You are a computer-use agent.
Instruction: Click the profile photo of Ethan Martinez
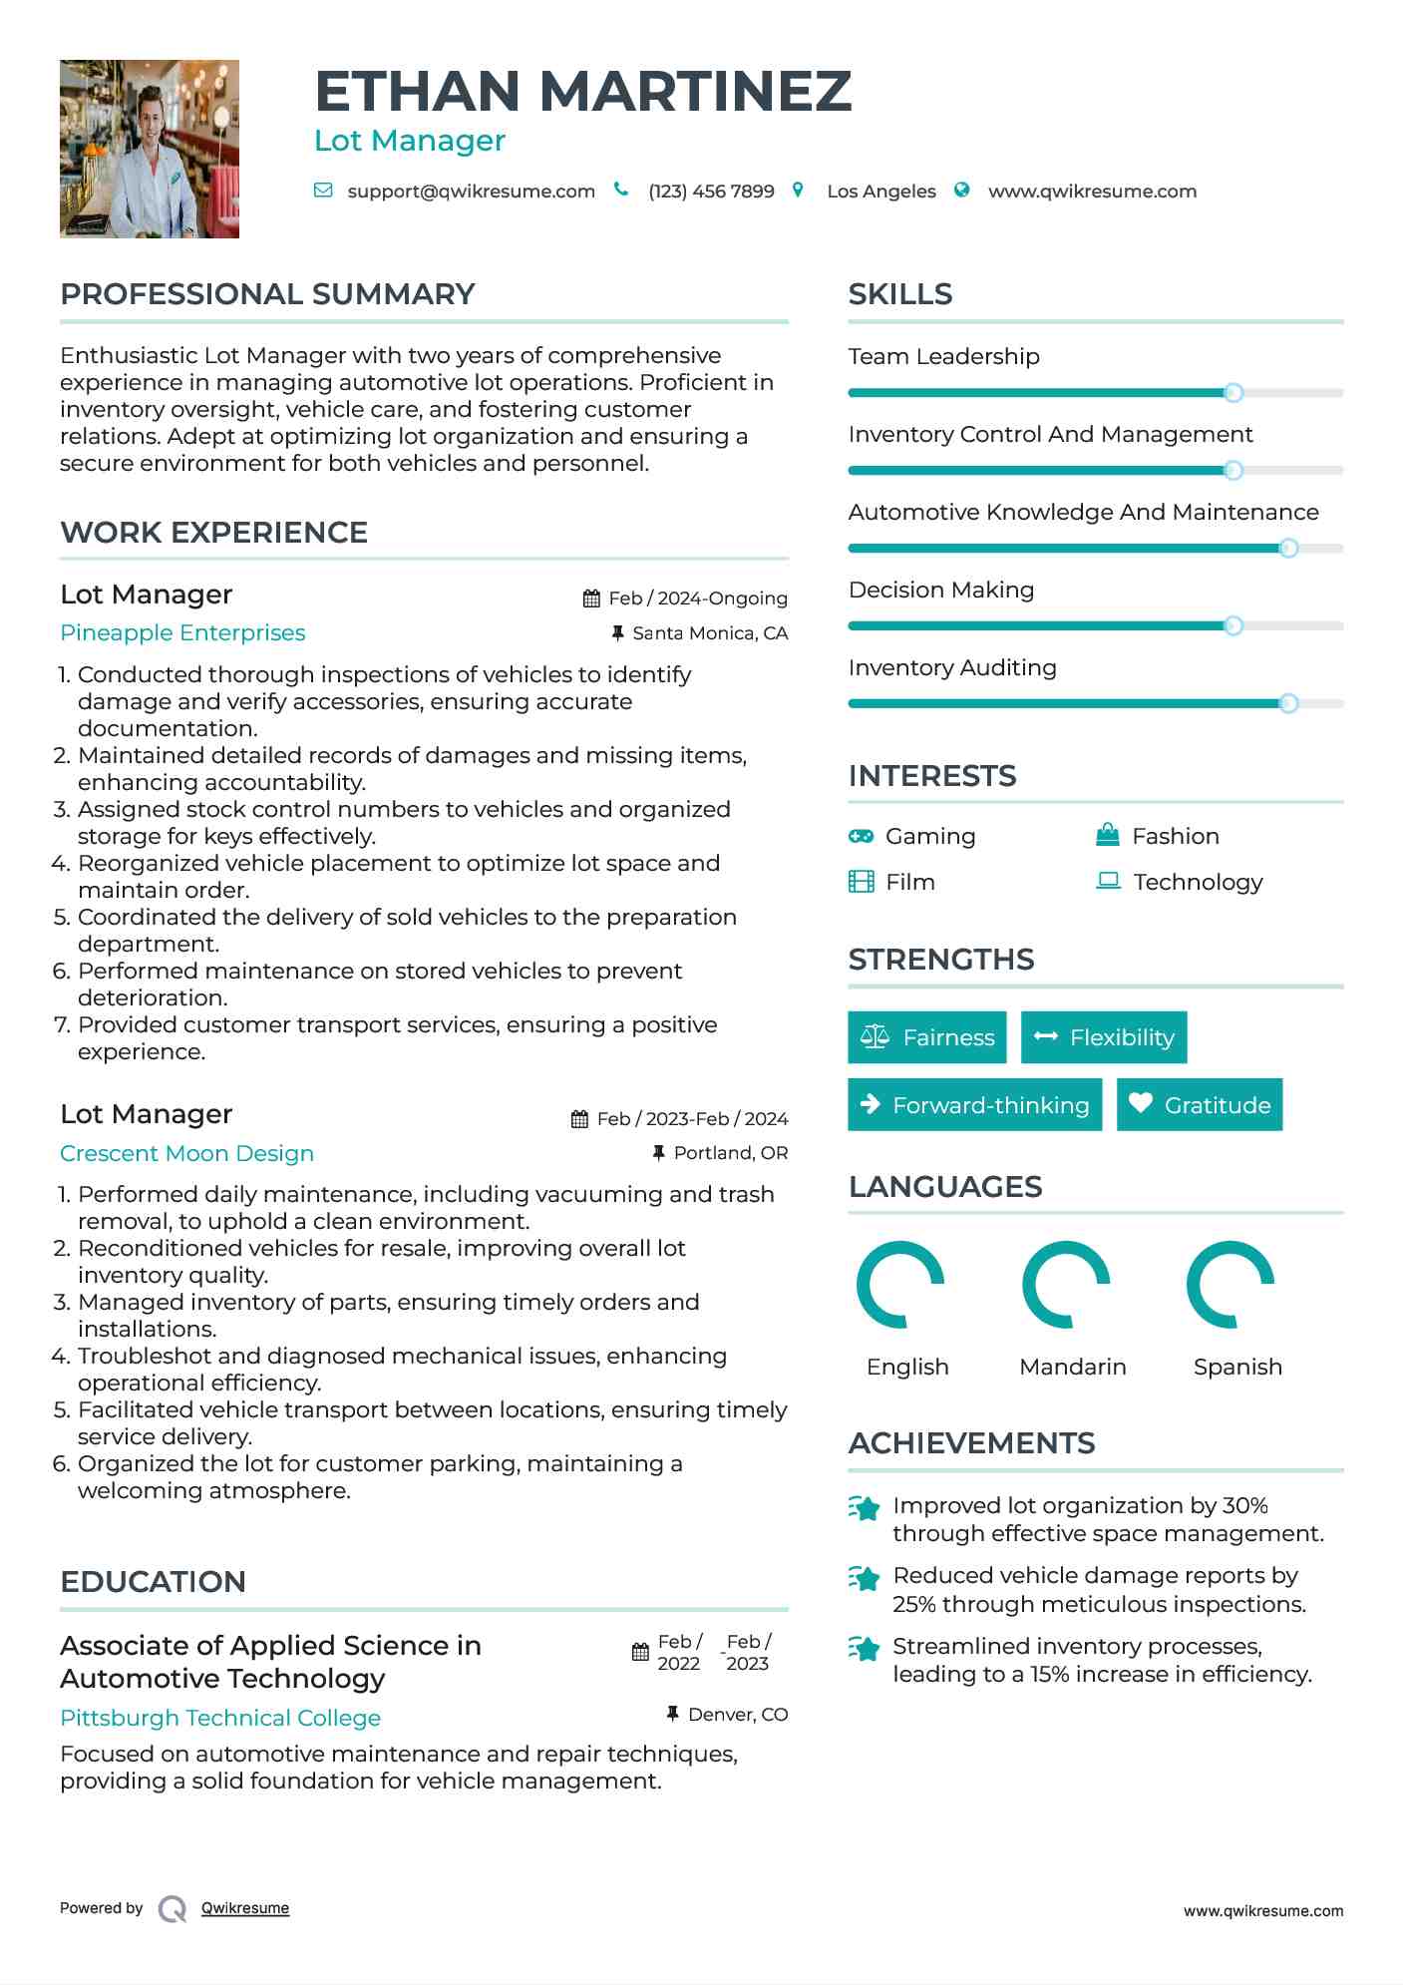pyautogui.click(x=150, y=149)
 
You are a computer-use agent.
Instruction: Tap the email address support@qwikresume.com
pyautogui.click(x=471, y=192)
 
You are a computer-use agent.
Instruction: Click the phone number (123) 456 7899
pyautogui.click(x=711, y=192)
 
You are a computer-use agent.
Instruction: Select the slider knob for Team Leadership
pyautogui.click(x=1233, y=393)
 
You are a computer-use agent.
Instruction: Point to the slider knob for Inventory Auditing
pyautogui.click(x=1288, y=703)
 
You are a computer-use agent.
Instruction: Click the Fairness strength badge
pyautogui.click(x=927, y=1037)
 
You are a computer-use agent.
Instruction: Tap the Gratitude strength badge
pyautogui.click(x=1200, y=1105)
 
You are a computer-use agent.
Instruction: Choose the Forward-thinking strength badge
pyautogui.click(x=974, y=1105)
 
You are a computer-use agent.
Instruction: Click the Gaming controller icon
pyautogui.click(x=861, y=836)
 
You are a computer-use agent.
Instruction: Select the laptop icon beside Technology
pyautogui.click(x=1108, y=881)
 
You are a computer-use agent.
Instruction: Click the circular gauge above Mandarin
pyautogui.click(x=1066, y=1285)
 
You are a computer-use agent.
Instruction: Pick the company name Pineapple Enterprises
pyautogui.click(x=182, y=633)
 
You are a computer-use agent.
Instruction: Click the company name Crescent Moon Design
pyautogui.click(x=186, y=1154)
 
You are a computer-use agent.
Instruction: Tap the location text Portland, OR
pyautogui.click(x=731, y=1153)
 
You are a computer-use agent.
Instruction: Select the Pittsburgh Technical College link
pyautogui.click(x=220, y=1719)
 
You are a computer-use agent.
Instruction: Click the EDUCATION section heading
pyautogui.click(x=153, y=1582)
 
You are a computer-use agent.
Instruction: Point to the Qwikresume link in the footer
pyautogui.click(x=245, y=1908)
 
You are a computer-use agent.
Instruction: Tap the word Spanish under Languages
pyautogui.click(x=1237, y=1367)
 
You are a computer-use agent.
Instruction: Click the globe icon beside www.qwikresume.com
pyautogui.click(x=962, y=191)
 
